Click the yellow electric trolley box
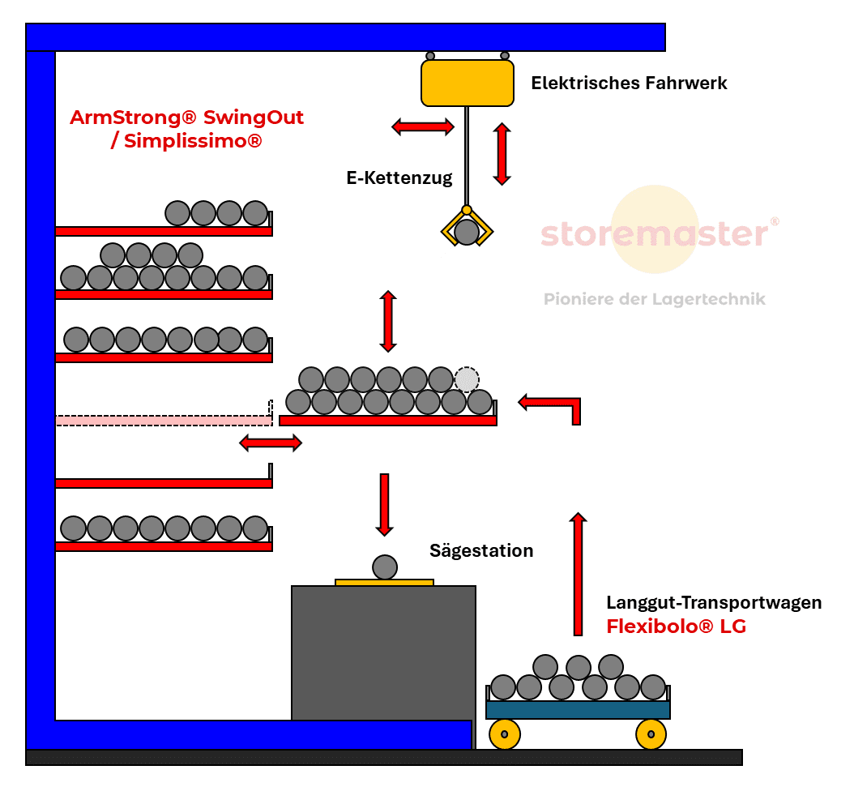tap(467, 83)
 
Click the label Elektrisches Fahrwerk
tap(629, 83)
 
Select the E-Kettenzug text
tap(399, 178)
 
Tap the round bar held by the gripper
tap(467, 233)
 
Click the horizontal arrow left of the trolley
tap(423, 126)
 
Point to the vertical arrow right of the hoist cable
tap(502, 153)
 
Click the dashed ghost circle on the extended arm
tap(467, 379)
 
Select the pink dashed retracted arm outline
tap(162, 420)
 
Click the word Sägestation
tap(481, 551)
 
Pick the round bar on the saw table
tap(385, 567)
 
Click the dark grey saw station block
tap(383, 648)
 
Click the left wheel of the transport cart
tap(505, 734)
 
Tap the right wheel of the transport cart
tap(651, 734)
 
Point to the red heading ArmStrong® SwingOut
tap(186, 118)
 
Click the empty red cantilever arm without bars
tap(162, 483)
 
